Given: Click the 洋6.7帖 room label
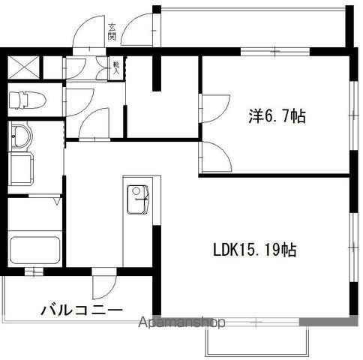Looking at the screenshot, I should [277, 116].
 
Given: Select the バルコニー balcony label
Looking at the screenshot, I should [82, 309].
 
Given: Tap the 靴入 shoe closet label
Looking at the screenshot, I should [115, 67].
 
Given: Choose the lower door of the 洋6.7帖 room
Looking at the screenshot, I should [214, 156].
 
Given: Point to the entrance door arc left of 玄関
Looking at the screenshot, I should [87, 34].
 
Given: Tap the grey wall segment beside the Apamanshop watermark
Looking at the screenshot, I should [323, 321].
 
